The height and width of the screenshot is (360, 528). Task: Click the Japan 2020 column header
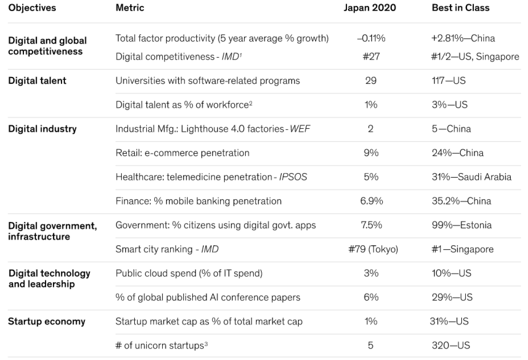point(370,8)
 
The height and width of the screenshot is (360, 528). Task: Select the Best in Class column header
point(460,8)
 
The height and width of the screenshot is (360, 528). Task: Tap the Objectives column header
point(32,8)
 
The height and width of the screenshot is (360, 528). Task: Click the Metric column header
point(130,8)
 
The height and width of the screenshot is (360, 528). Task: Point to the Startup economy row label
point(47,322)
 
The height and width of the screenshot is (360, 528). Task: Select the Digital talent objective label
point(37,81)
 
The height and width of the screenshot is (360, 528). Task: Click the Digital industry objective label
point(42,129)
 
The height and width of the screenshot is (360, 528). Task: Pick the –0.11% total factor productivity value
point(370,39)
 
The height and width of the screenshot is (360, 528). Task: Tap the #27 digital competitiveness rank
point(370,56)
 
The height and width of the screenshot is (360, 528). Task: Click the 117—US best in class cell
point(449,81)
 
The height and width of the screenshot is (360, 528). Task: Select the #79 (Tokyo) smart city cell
point(370,250)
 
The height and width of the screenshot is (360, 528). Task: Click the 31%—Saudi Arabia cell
point(471,177)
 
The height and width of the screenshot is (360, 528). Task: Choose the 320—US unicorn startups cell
point(451,346)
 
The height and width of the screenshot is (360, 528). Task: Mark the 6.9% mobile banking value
point(371,201)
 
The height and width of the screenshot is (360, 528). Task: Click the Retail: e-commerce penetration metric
point(182,153)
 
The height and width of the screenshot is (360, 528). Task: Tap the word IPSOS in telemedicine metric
point(293,177)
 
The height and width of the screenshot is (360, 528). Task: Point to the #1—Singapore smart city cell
point(462,250)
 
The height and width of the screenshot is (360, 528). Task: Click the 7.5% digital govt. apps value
point(370,225)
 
